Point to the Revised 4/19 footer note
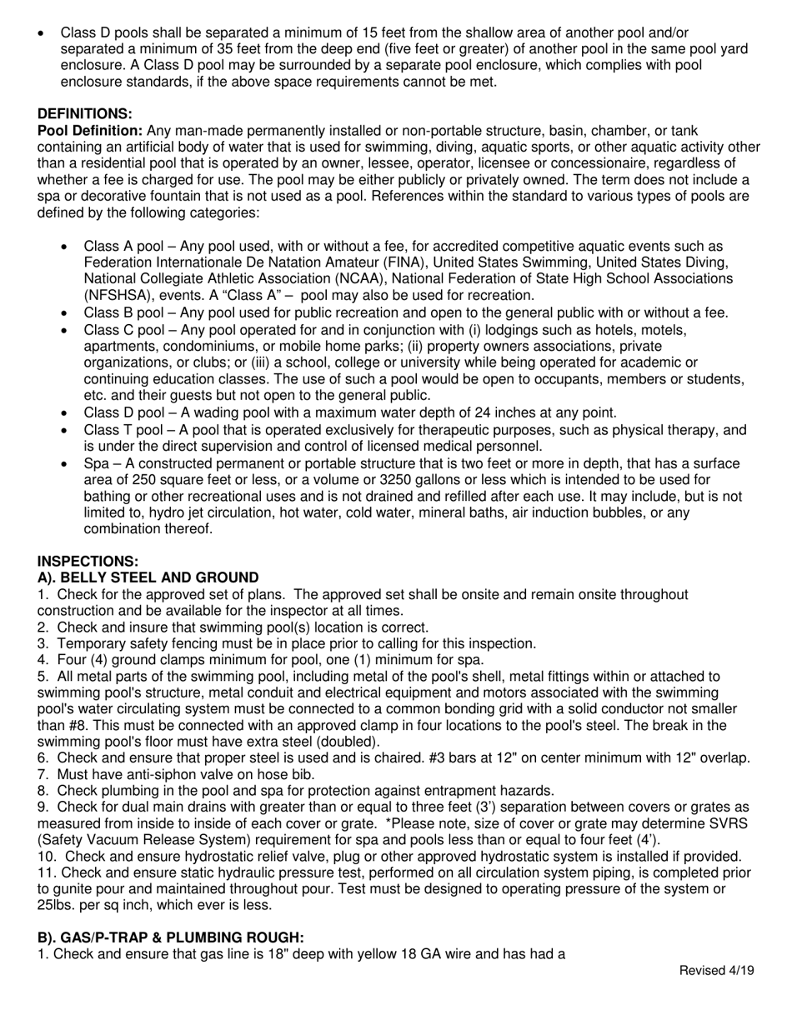click(x=717, y=970)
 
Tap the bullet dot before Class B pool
click(x=65, y=313)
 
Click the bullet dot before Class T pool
click(x=65, y=430)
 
